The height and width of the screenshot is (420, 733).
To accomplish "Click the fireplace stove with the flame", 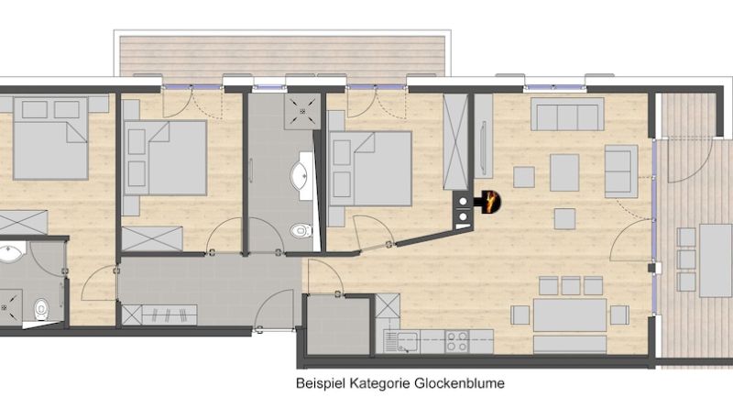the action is [x=487, y=202].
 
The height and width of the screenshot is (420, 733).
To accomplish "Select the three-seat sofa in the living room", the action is [x=567, y=114].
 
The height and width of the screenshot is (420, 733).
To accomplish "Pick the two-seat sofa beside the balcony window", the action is [x=621, y=171].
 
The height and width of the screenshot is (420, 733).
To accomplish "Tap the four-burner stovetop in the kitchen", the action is [x=456, y=341].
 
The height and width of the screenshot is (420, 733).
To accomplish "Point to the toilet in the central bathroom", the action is [x=301, y=230].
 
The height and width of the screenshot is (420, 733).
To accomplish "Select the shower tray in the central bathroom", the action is [x=302, y=111].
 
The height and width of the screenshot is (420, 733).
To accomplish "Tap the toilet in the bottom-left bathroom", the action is [x=41, y=309].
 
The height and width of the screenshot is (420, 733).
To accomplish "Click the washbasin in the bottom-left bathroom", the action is [x=10, y=252].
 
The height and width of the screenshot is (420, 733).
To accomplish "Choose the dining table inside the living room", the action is [x=570, y=315].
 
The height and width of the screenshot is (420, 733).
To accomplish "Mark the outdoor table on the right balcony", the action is [x=716, y=260].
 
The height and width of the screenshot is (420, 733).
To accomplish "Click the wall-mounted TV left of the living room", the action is [x=484, y=149].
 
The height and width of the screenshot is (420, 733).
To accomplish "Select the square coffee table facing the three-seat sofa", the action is [x=564, y=172].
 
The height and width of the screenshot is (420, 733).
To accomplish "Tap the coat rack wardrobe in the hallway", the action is [x=159, y=315].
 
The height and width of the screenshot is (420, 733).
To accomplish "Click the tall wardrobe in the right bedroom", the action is [x=455, y=142].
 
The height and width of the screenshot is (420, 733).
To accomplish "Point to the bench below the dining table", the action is [x=570, y=345].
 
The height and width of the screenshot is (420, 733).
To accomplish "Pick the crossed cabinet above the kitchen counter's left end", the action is [x=388, y=305].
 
